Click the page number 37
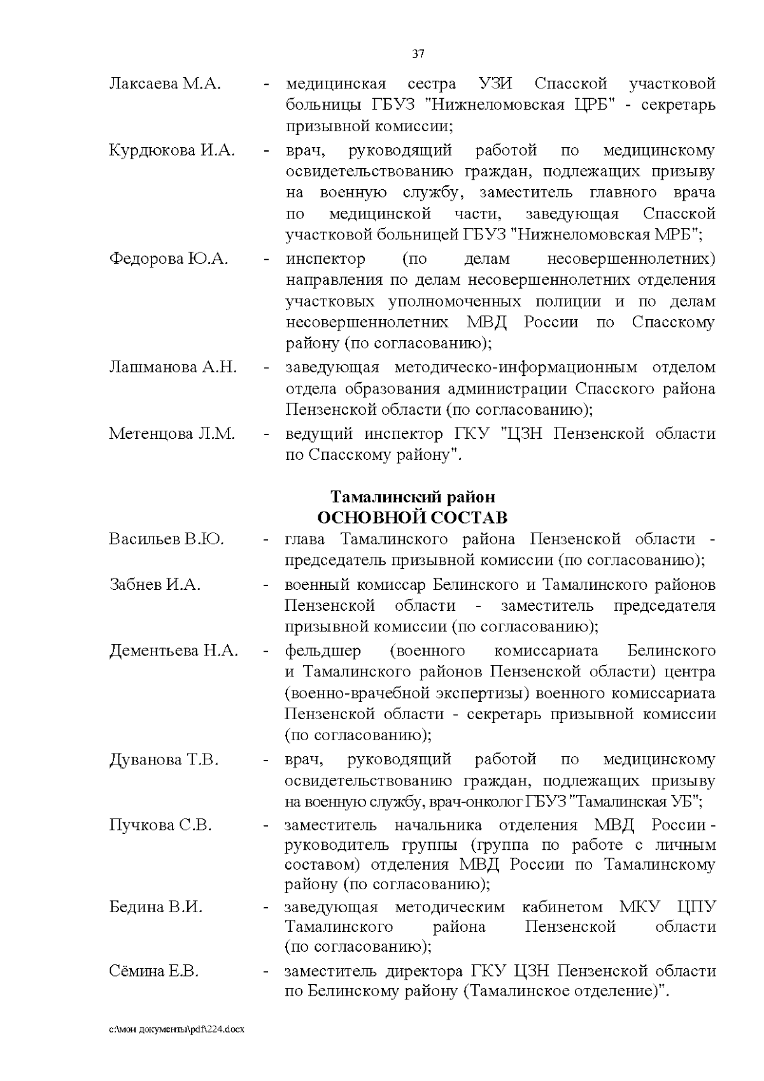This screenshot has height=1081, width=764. click(418, 54)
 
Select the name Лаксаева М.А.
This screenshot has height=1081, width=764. click(165, 84)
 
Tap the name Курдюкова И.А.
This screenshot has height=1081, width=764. click(172, 151)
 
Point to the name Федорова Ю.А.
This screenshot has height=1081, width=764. click(168, 259)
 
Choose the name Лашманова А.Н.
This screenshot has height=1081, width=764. click(173, 368)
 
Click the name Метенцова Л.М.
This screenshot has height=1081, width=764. click(172, 434)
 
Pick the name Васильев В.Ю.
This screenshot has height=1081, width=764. click(166, 540)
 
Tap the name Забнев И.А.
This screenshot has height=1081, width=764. click(155, 584)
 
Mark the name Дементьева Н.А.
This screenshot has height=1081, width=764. click(174, 651)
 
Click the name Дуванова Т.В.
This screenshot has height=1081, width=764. click(164, 759)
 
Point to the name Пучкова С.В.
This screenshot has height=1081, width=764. click(160, 826)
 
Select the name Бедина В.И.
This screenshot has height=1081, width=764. click(156, 907)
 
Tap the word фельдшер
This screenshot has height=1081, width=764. click(323, 651)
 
